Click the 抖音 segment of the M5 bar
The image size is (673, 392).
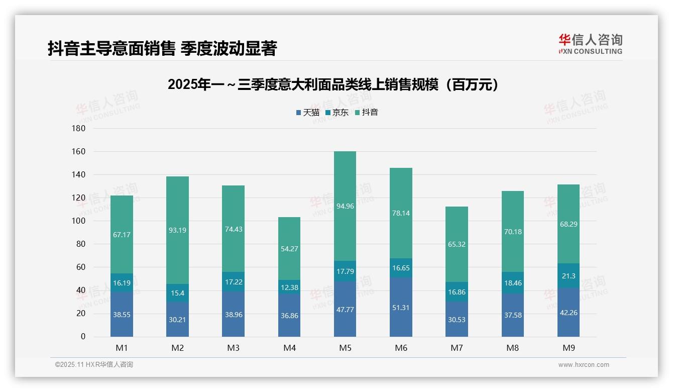click(345, 206)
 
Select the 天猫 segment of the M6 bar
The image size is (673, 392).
click(401, 307)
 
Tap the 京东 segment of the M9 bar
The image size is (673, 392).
click(568, 276)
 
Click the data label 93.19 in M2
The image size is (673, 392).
click(177, 230)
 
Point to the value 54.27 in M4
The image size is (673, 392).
click(289, 248)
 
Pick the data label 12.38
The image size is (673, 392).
click(289, 287)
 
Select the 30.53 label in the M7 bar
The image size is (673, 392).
click(457, 319)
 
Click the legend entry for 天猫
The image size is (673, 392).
click(307, 113)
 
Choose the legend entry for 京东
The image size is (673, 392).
click(337, 113)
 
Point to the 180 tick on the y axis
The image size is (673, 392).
click(79, 129)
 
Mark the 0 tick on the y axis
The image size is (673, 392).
click(83, 337)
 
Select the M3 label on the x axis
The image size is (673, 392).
click(233, 348)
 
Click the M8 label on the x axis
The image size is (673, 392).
click(512, 348)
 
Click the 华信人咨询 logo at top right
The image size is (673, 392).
click(590, 44)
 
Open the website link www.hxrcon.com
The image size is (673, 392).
click(583, 365)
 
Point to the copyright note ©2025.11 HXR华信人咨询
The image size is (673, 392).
click(94, 365)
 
